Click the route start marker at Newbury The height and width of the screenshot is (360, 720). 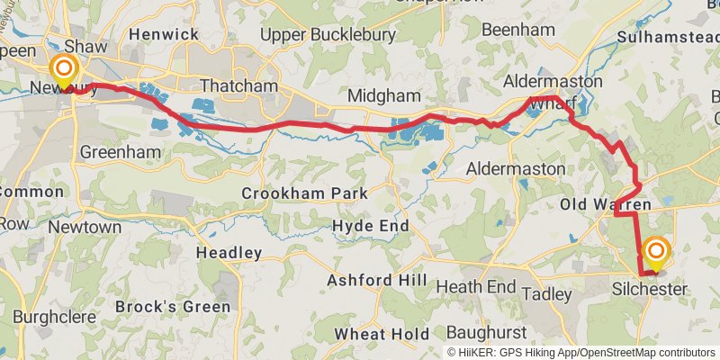(65, 70)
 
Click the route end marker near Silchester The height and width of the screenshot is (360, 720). (656, 251)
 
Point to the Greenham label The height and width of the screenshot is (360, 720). (113, 152)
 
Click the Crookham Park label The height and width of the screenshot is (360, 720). (305, 193)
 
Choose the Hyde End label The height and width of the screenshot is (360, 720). (371, 225)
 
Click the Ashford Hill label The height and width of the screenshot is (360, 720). (376, 281)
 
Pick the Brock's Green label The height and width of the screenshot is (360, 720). (168, 307)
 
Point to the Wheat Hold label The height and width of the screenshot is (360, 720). (382, 334)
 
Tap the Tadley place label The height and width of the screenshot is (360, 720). (547, 294)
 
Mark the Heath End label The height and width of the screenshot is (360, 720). (476, 287)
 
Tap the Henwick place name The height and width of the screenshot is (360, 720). (163, 33)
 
